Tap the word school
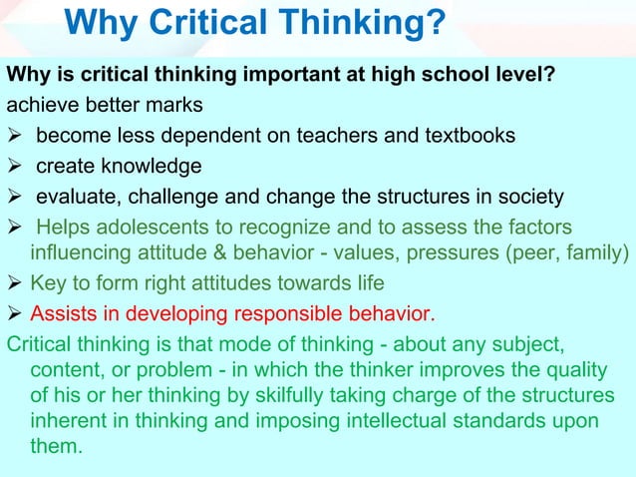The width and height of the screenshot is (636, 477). pos(459,75)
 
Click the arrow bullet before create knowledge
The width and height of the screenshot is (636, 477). pos(16,166)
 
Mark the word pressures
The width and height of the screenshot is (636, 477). pos(458,249)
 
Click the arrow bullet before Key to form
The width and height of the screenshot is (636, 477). pos(16,281)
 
